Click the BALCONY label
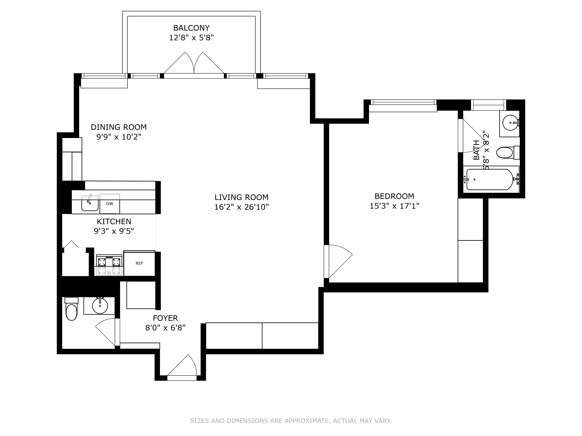click(191, 28)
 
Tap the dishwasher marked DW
click(110, 204)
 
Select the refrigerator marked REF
click(139, 263)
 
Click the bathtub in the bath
click(490, 180)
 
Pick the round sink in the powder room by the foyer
click(100, 306)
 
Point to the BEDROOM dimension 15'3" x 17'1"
click(394, 206)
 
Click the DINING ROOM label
click(119, 127)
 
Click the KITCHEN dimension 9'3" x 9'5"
click(114, 231)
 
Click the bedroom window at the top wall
click(403, 102)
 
